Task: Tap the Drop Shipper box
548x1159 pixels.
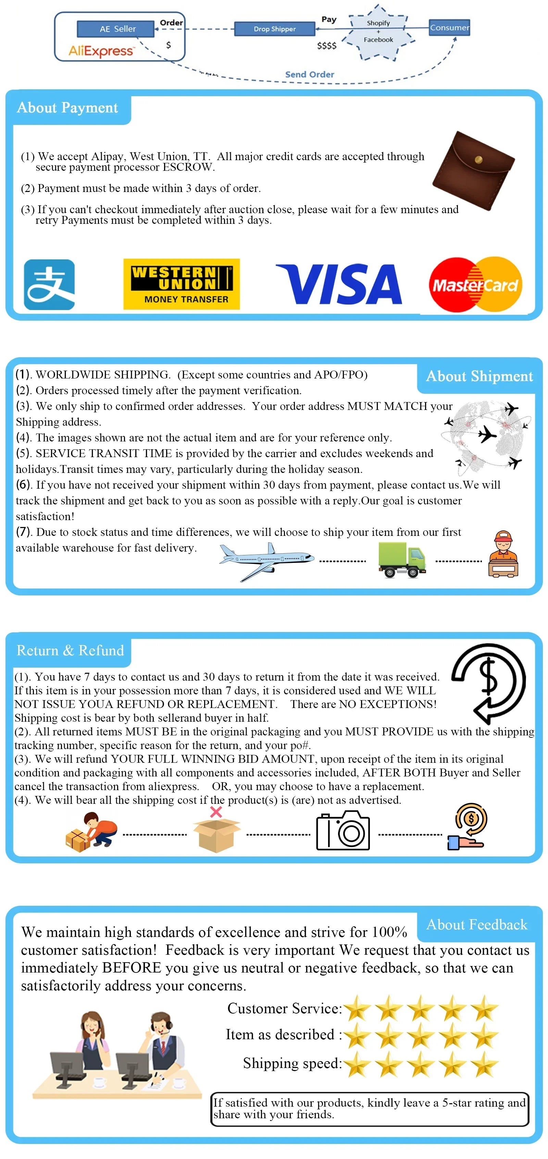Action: click(x=274, y=29)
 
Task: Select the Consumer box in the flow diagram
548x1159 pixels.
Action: click(x=449, y=27)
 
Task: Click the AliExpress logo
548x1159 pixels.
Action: click(x=101, y=51)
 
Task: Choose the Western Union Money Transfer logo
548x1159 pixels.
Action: click(x=182, y=284)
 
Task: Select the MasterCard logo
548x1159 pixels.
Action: click(x=475, y=284)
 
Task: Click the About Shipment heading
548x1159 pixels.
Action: click(x=479, y=376)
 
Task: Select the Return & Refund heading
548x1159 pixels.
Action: click(x=70, y=650)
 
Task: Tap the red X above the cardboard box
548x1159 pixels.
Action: click(x=216, y=812)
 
